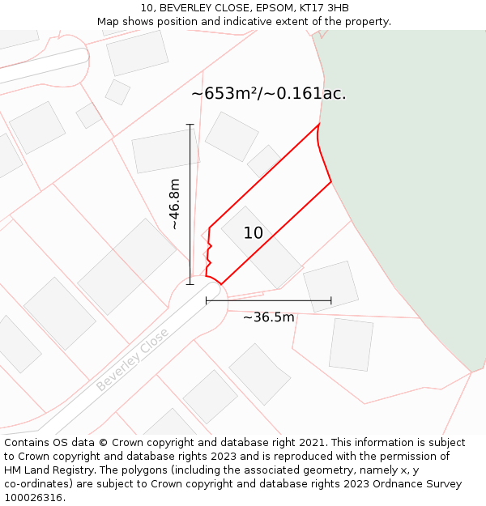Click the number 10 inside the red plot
pos(253,233)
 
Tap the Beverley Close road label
pos(133,359)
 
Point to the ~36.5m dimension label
pos(268,317)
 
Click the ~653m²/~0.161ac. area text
pos(268,94)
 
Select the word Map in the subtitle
pos(109,22)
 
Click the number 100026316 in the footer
pos(35,498)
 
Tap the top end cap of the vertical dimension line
pos(190,125)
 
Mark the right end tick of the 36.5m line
pos(331,301)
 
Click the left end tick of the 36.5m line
pos(207,301)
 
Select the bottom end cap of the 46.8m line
pos(190,284)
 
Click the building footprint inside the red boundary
pos(262,247)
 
